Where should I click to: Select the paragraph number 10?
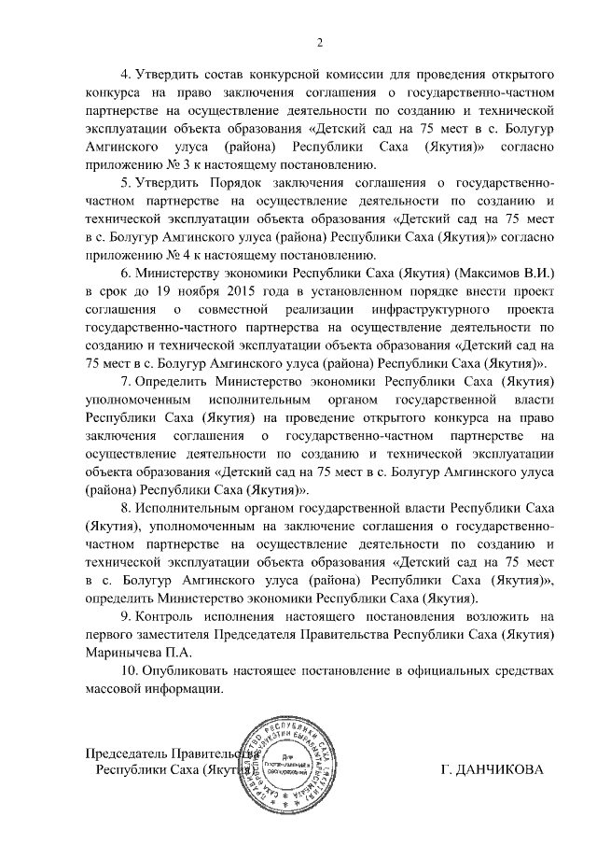pos(131,670)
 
